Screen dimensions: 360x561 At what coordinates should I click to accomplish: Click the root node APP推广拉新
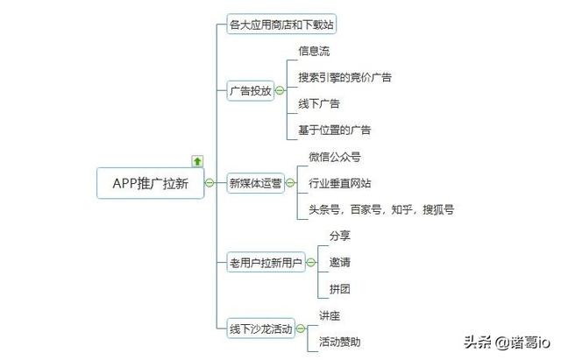[x=150, y=183]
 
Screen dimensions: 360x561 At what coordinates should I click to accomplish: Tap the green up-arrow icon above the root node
[x=197, y=161]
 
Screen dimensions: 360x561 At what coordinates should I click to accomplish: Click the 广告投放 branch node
[x=250, y=90]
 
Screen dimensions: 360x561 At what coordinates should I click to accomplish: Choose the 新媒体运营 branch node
[x=256, y=183]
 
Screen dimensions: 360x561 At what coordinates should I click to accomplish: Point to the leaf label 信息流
[x=314, y=52]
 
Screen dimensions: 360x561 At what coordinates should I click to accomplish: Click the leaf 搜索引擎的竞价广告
[x=344, y=77]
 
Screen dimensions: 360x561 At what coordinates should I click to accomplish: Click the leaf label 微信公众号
[x=334, y=157]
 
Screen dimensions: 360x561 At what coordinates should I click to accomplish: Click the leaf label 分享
[x=339, y=236]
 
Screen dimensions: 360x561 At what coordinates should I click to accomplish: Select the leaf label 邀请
[x=339, y=262]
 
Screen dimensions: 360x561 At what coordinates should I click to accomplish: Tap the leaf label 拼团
[x=339, y=288]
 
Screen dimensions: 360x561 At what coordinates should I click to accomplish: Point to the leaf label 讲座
[x=329, y=315]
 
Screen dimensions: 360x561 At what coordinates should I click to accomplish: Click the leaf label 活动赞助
[x=339, y=342]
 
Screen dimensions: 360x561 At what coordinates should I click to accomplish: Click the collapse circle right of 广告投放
[x=279, y=90]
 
